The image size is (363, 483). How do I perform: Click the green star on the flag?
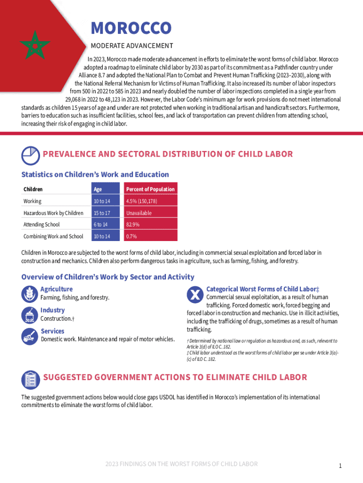tap(34, 44)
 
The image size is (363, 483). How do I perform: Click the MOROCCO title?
tap(131, 28)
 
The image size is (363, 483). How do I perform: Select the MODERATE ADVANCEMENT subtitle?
tap(132, 46)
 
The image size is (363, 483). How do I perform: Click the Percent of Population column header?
tap(150, 189)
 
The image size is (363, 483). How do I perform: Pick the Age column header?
tap(98, 189)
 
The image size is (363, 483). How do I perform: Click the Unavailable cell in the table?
tap(139, 213)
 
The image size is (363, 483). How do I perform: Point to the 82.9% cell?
tap(132, 225)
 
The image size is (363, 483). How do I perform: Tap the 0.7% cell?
tap(131, 236)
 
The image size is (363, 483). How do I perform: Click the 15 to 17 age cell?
tap(102, 213)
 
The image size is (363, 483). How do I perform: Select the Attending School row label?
tap(41, 225)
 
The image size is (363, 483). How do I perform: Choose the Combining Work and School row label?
tap(53, 236)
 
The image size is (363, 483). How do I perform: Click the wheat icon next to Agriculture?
tap(30, 294)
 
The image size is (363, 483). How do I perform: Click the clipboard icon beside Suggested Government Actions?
tap(30, 379)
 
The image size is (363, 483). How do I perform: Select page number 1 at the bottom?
tap(339, 466)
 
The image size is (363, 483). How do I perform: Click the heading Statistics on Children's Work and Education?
tap(95, 175)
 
